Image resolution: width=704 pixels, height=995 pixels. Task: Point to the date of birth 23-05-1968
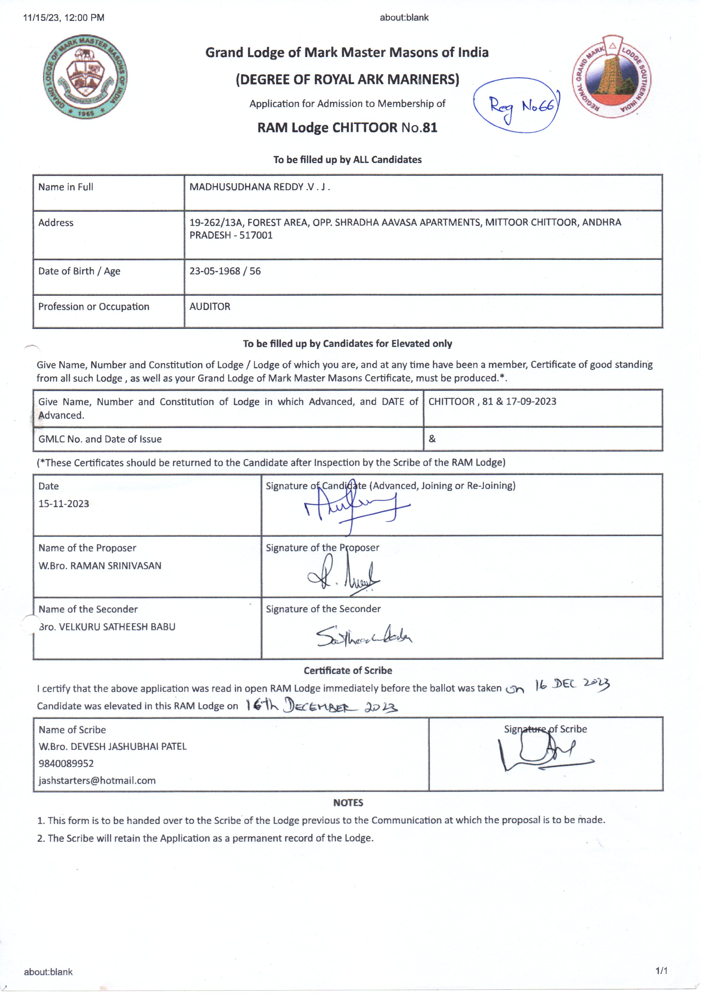pos(215,271)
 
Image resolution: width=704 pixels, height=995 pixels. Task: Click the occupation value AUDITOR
pos(210,307)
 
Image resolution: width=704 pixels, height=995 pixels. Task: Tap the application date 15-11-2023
pos(64,504)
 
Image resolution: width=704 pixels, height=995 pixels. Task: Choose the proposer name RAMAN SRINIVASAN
pos(116,566)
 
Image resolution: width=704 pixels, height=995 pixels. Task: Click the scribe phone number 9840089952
pos(66,763)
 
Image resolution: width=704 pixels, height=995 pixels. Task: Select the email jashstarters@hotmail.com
pos(97,780)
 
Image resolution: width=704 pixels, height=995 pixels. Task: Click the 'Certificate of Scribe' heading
pos(348,671)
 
